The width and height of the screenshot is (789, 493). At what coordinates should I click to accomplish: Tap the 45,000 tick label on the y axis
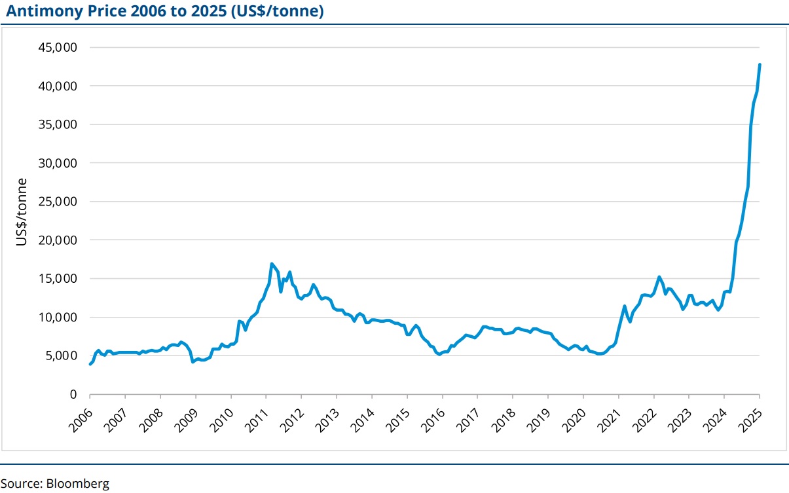point(60,48)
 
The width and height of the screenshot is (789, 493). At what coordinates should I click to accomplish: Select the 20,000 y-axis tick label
point(60,240)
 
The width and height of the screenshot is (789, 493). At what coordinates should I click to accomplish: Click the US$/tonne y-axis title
point(22,211)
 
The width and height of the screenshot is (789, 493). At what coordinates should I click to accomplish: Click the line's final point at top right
point(760,64)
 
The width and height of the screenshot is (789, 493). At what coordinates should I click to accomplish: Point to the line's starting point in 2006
point(90,364)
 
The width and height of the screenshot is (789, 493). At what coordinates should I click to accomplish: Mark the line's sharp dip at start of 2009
point(193,361)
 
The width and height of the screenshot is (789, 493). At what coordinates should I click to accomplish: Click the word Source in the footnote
point(21,484)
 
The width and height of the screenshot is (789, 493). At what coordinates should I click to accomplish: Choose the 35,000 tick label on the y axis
point(60,124)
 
